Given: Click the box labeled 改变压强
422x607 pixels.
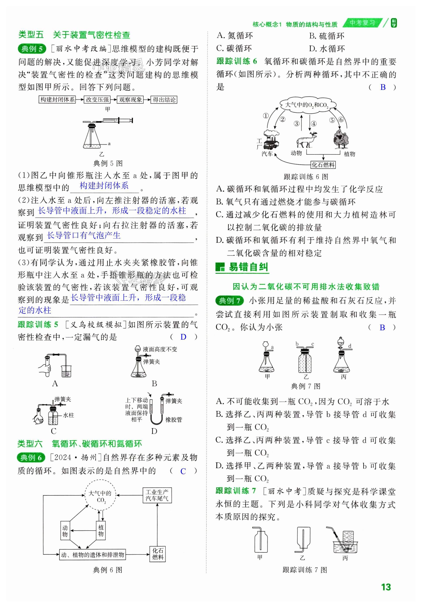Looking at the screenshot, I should [97, 100].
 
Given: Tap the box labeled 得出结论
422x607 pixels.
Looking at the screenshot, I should [164, 100].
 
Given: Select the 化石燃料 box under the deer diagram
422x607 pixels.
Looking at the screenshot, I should [323, 165].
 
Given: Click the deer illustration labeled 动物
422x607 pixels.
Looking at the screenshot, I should [307, 140].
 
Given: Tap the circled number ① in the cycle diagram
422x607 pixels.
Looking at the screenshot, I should [265, 116].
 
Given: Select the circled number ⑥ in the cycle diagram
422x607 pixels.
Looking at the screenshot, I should [341, 119].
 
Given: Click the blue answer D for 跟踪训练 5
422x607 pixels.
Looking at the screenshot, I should [183, 337].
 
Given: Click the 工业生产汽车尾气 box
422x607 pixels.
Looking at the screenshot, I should [157, 495].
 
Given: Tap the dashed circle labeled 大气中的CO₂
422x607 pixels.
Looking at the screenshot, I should [100, 496].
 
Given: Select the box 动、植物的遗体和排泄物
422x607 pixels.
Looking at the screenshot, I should [92, 554].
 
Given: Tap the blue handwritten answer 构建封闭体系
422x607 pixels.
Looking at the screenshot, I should [104, 186].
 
